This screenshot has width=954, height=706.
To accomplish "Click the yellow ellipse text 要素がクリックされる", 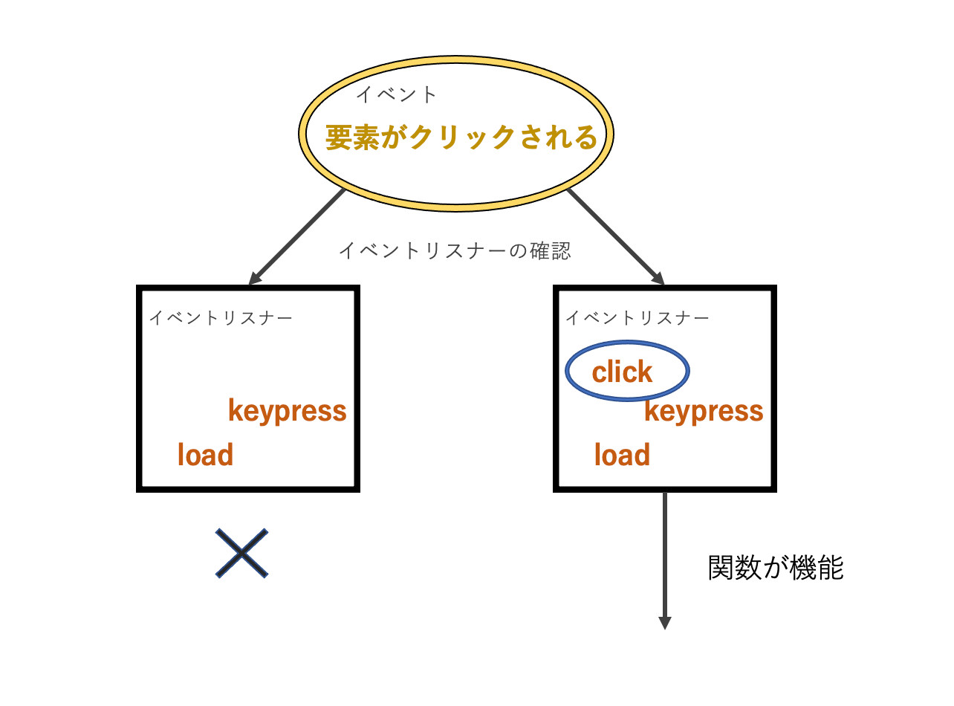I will tap(461, 138).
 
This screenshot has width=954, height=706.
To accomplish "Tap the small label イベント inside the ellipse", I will tap(396, 94).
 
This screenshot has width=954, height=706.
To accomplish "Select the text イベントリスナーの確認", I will tap(454, 250).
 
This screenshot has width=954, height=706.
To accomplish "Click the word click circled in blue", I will tap(622, 372).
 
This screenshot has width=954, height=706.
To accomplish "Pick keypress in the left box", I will tap(287, 410).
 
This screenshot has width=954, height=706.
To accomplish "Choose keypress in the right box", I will tap(704, 410).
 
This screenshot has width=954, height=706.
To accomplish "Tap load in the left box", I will tap(205, 455).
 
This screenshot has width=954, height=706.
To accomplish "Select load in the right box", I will tap(622, 455).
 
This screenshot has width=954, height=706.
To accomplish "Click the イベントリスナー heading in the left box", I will tap(221, 318).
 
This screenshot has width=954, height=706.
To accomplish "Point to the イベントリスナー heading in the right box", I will tap(637, 318).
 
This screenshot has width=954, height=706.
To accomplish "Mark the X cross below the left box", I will tap(241, 553).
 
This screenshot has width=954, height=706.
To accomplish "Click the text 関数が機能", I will tap(776, 569).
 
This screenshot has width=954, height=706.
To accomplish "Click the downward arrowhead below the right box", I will tap(665, 623).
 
